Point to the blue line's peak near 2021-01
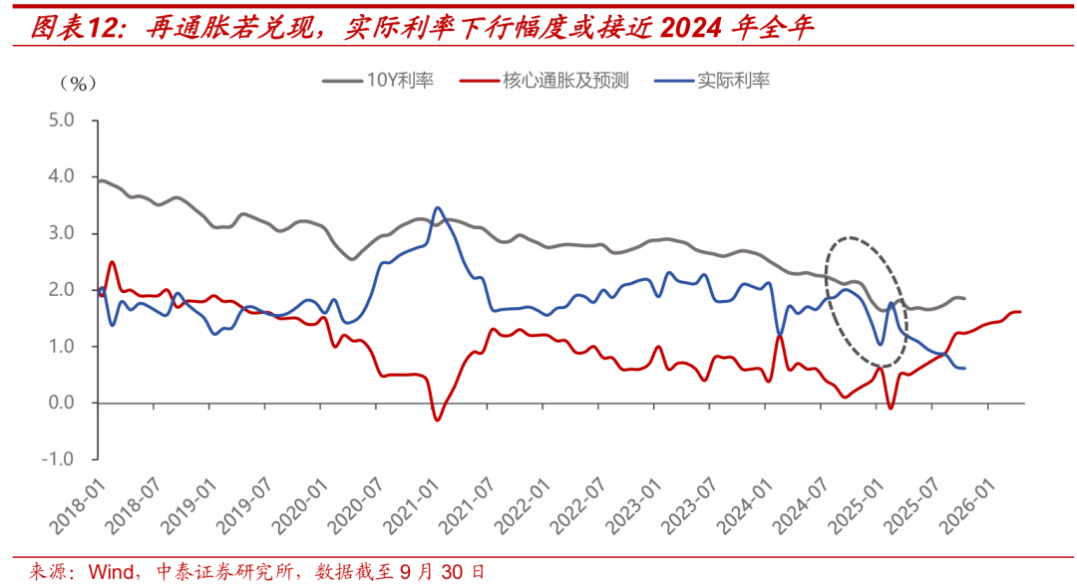click(438, 208)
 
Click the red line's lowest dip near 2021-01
click(437, 420)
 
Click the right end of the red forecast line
click(1020, 312)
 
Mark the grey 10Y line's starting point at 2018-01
click(99, 180)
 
